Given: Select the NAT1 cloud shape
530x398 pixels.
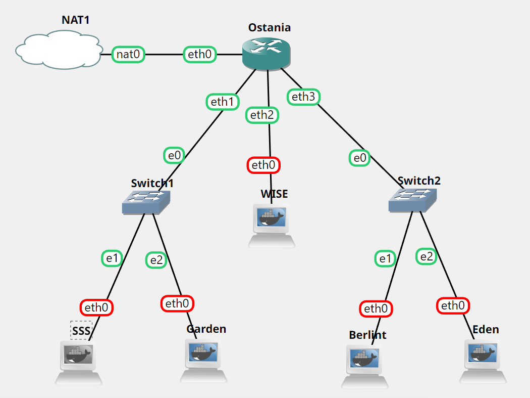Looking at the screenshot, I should tap(58, 49).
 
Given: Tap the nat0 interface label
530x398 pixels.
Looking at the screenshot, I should tap(128, 54).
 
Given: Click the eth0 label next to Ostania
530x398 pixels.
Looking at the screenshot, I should tap(199, 54).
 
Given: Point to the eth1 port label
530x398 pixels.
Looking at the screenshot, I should tap(223, 102).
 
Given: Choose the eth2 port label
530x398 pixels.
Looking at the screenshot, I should tap(262, 115).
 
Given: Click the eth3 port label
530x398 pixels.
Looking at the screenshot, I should tap(303, 97).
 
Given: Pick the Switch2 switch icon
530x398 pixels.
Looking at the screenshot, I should tap(413, 200).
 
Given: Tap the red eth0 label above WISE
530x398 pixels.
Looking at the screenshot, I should tap(263, 165).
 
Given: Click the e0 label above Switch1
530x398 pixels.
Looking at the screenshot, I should tap(174, 156).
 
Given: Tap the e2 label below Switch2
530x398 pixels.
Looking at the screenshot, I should tap(427, 256).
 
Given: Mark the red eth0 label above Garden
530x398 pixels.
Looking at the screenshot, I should tap(177, 303).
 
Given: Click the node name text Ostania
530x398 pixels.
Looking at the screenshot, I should tap(269, 27).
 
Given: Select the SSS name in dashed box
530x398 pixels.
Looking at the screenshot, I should tap(81, 330).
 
